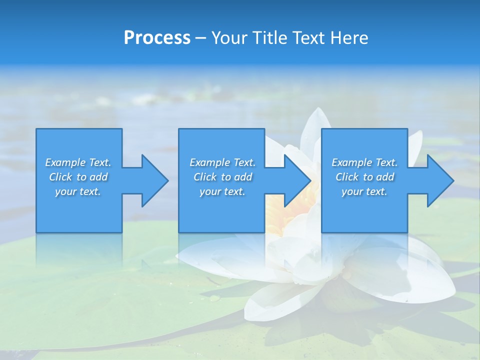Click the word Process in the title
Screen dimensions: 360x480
(x=157, y=37)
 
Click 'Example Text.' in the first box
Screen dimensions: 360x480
(x=78, y=162)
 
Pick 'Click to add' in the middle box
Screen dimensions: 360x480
(x=222, y=177)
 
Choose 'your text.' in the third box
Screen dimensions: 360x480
(x=364, y=191)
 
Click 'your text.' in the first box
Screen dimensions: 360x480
(x=78, y=191)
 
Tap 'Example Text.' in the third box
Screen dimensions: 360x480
(x=364, y=162)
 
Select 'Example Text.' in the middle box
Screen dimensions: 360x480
(x=222, y=162)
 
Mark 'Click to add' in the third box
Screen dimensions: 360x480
(x=364, y=177)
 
